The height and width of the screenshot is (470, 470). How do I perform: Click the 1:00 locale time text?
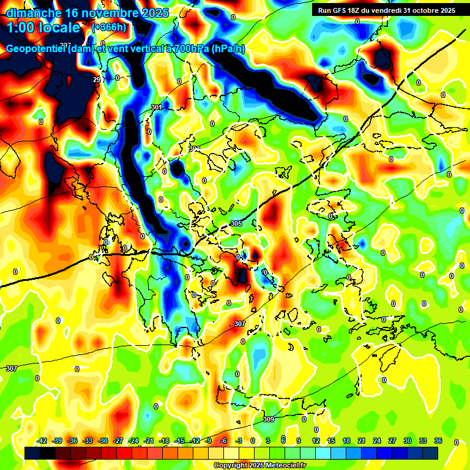pyautogui.click(x=43, y=28)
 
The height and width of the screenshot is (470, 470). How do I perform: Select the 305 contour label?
pyautogui.click(x=237, y=224)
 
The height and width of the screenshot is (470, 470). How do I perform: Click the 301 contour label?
pyautogui.click(x=157, y=108)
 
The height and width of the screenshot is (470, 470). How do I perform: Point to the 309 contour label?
pyautogui.click(x=269, y=419)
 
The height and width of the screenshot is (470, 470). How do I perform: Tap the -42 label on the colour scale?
pyautogui.click(x=42, y=441)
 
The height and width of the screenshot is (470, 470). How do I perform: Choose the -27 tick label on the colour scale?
pyautogui.click(x=118, y=441)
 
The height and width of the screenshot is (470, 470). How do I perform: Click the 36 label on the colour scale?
pyautogui.click(x=438, y=441)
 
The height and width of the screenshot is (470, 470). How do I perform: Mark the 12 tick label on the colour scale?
pyautogui.click(x=315, y=441)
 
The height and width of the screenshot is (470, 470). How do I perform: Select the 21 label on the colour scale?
pyautogui.click(x=361, y=441)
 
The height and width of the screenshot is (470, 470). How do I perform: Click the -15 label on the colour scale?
pyautogui.click(x=179, y=441)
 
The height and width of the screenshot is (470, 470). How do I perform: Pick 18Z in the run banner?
pyautogui.click(x=360, y=10)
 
